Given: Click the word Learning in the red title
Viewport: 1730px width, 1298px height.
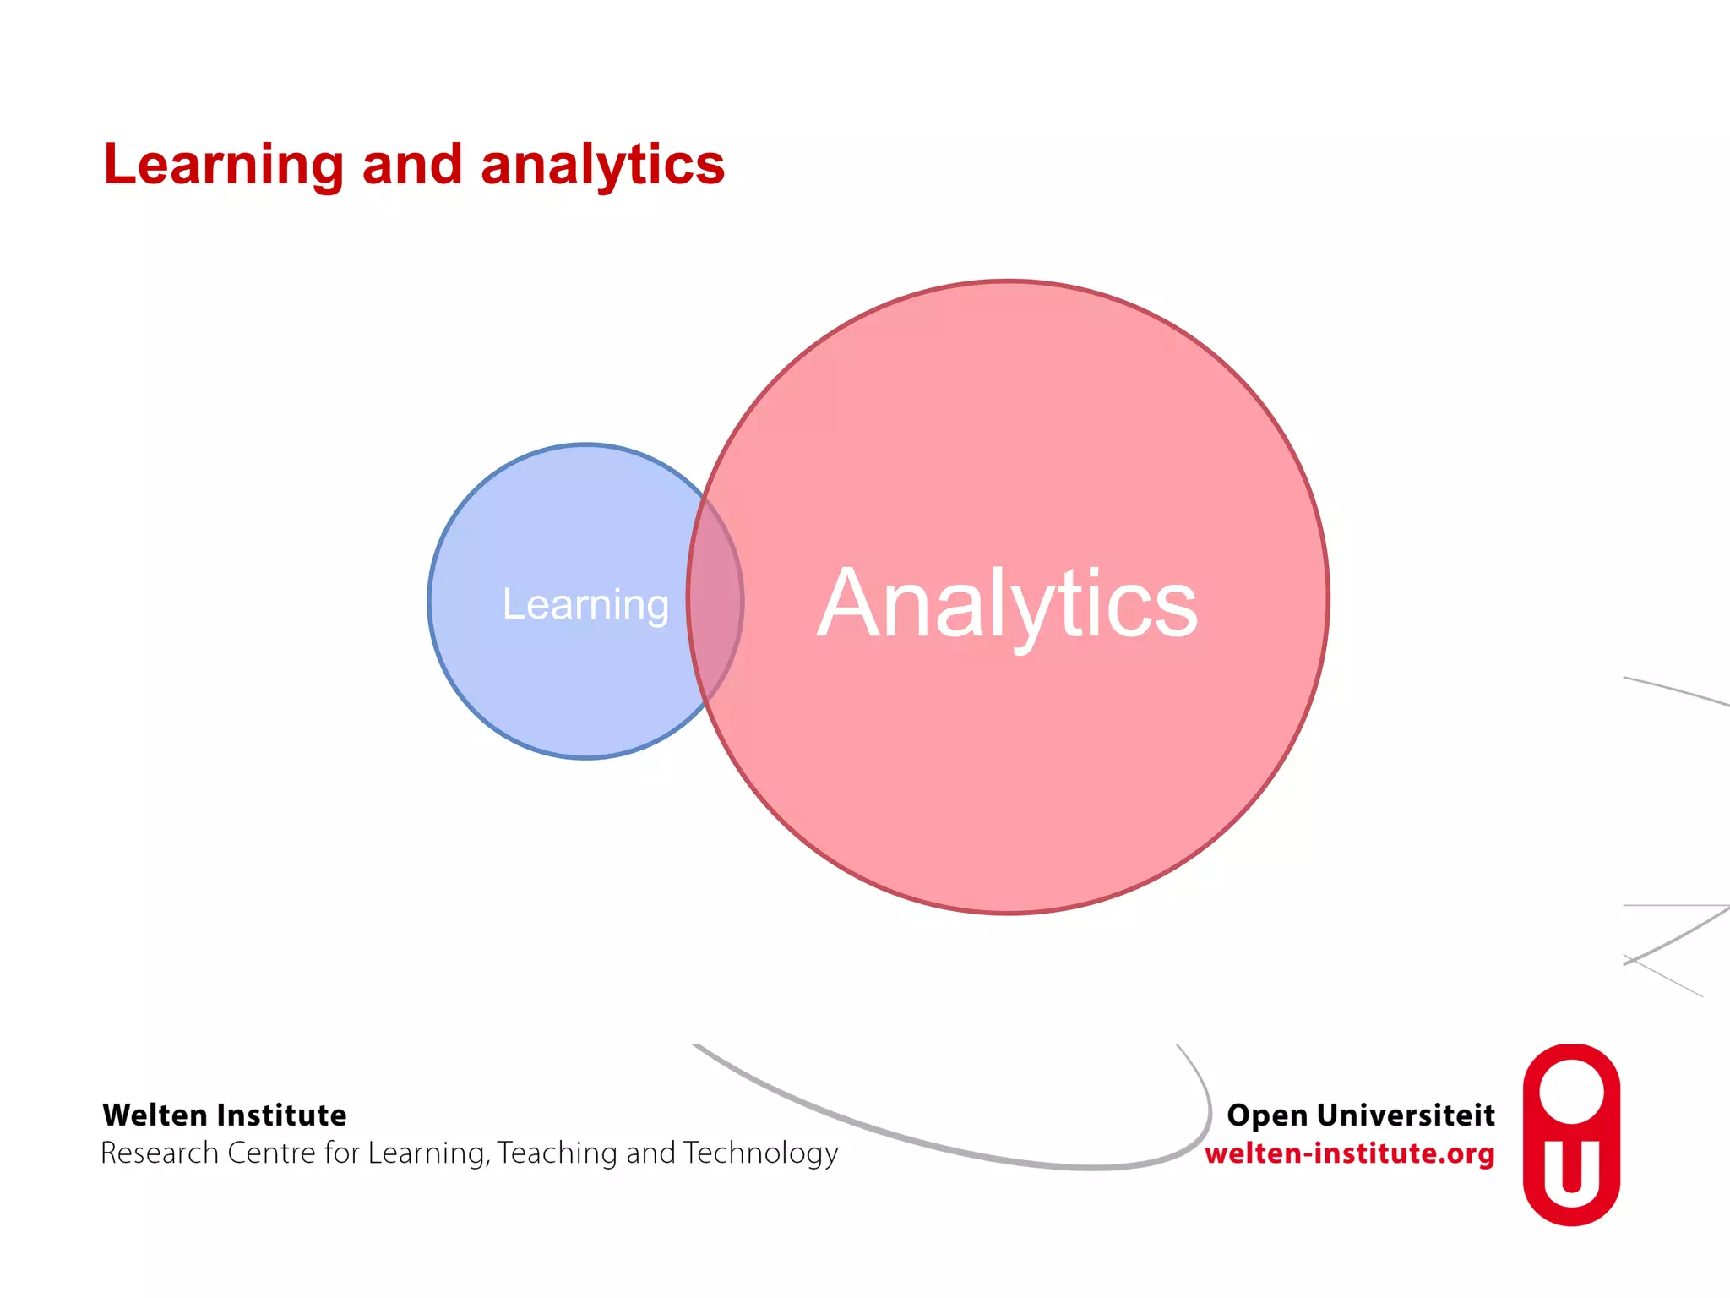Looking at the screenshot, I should click(x=224, y=165).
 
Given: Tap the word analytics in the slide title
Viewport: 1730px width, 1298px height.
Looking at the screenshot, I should click(x=602, y=165).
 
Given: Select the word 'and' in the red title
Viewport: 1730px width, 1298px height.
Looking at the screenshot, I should click(x=412, y=165).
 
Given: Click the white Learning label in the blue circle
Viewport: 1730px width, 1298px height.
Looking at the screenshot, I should click(x=585, y=605).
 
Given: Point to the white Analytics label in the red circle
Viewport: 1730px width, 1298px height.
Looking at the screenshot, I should click(x=1008, y=603).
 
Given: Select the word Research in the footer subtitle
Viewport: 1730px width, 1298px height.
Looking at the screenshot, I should click(x=160, y=1153).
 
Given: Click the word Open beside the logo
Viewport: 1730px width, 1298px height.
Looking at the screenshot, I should click(x=1267, y=1116).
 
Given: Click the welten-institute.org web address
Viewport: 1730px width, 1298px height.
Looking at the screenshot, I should click(x=1349, y=1153).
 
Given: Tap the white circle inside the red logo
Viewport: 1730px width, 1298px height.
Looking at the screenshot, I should click(x=1571, y=1092).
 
